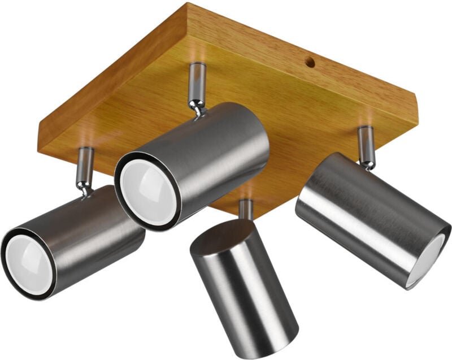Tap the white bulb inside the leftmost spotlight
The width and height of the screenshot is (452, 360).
point(30,264)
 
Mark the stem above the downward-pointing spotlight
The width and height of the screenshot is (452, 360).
point(246,209)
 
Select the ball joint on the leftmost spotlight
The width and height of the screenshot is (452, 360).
point(85,189)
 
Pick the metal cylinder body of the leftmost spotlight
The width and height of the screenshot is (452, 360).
point(90,237)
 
